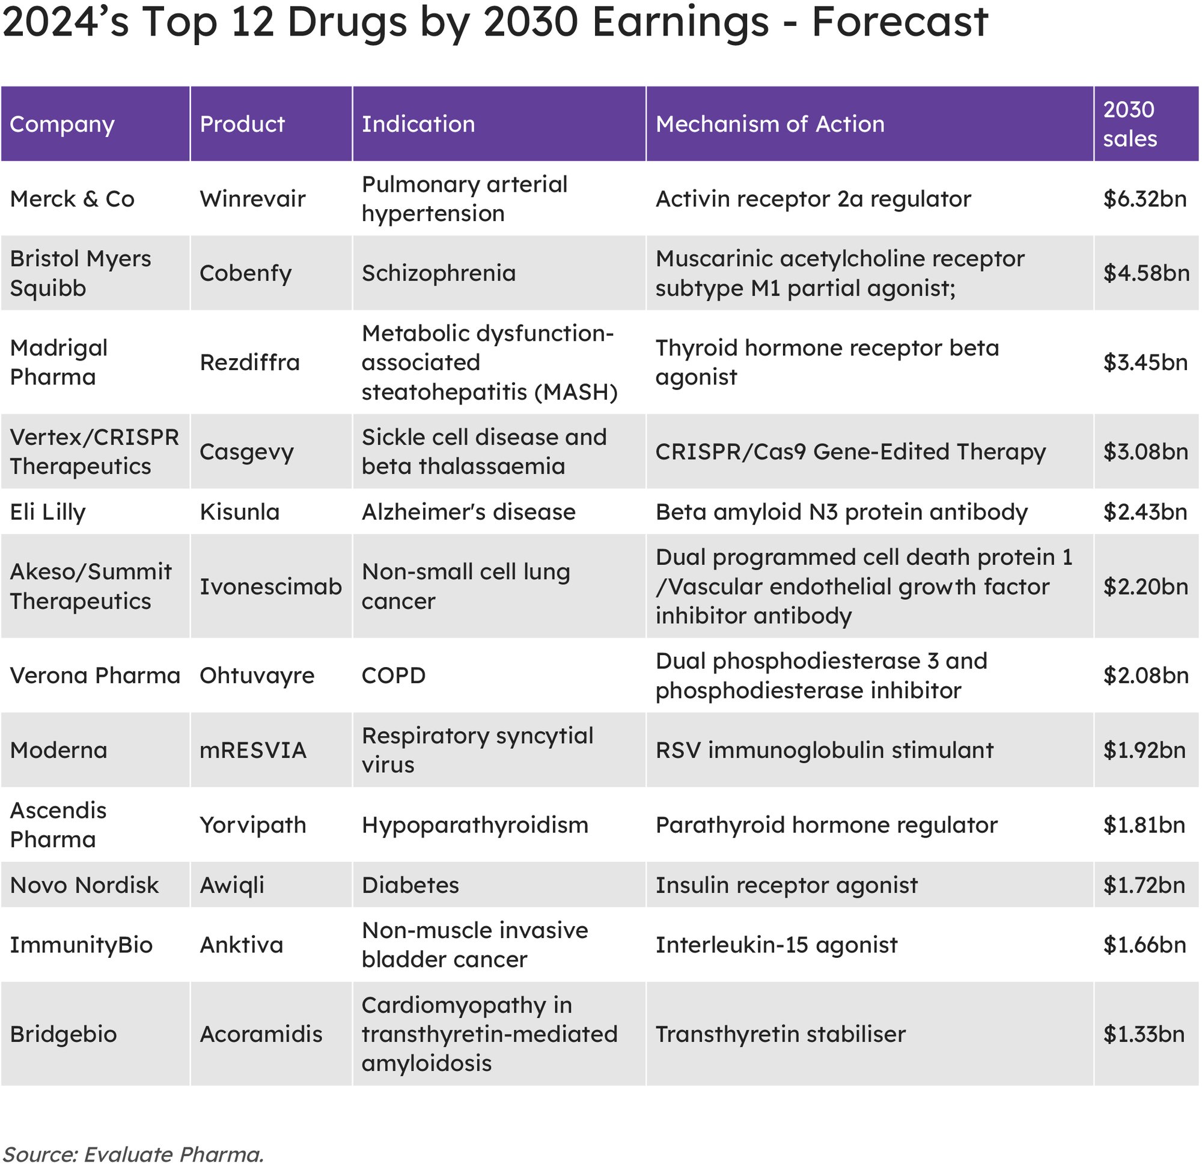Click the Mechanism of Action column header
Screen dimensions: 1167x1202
[770, 124]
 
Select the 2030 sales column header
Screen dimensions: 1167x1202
[1130, 124]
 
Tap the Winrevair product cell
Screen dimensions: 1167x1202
[252, 200]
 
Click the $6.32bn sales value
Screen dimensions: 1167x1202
[1144, 200]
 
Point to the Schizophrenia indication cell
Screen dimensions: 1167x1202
[439, 273]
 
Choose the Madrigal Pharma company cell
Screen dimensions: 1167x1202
[59, 362]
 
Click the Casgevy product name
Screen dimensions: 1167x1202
[246, 452]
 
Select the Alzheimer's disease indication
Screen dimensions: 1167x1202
[469, 512]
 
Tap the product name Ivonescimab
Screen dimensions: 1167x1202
[270, 587]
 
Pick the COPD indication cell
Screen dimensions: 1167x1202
[394, 676]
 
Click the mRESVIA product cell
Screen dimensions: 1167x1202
[252, 751]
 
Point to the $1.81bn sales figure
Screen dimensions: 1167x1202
[1144, 826]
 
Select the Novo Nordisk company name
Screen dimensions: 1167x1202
[84, 886]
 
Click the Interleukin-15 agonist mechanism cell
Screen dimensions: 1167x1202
[776, 945]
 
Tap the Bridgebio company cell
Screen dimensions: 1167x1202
[63, 1035]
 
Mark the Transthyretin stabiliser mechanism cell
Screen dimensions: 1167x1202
[780, 1035]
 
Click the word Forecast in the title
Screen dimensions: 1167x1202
[900, 22]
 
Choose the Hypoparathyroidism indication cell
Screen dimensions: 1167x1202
[475, 826]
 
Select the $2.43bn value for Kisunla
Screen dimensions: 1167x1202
[1144, 512]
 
